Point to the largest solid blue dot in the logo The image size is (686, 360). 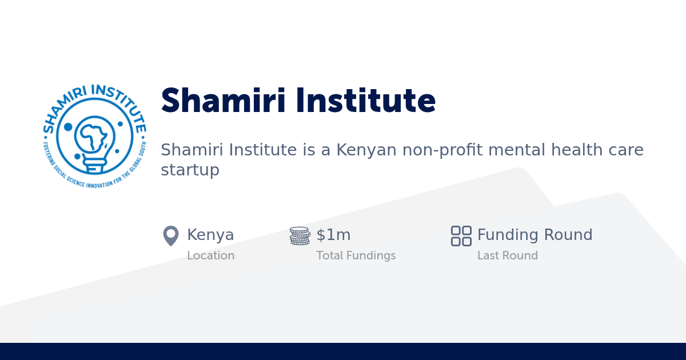[x=68, y=127]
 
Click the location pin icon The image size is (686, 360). [x=170, y=235]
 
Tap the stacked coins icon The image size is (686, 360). [x=300, y=235]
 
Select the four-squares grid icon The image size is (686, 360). [x=461, y=235]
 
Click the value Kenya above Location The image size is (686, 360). [x=210, y=235]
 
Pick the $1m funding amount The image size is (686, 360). [x=333, y=235]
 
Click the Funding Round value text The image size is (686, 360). [x=535, y=235]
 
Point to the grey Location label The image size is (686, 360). [x=210, y=255]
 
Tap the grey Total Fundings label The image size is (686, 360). [x=356, y=255]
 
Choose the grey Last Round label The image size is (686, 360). [x=507, y=255]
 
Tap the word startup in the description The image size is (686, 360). [x=190, y=170]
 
